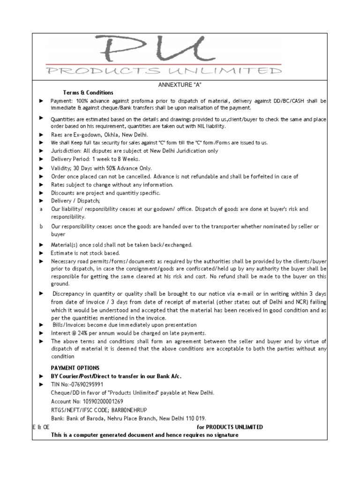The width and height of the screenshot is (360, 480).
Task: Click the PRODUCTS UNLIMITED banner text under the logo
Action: click(164, 71)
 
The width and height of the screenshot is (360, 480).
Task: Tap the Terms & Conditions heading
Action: click(88, 92)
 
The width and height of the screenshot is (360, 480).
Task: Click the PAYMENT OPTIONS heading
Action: click(75, 368)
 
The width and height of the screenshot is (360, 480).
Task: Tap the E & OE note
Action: click(41, 427)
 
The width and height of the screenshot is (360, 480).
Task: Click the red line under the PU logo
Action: click(164, 64)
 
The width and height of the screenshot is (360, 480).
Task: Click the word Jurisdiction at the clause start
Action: click(66, 151)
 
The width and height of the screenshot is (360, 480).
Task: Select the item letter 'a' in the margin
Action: click(41, 209)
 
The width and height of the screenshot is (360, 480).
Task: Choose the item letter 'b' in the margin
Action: click(41, 226)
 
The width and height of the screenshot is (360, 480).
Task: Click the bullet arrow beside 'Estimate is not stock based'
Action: click(41, 253)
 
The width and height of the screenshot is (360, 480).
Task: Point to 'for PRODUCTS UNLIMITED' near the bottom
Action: click(230, 427)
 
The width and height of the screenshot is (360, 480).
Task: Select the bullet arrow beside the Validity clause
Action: click(41, 168)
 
